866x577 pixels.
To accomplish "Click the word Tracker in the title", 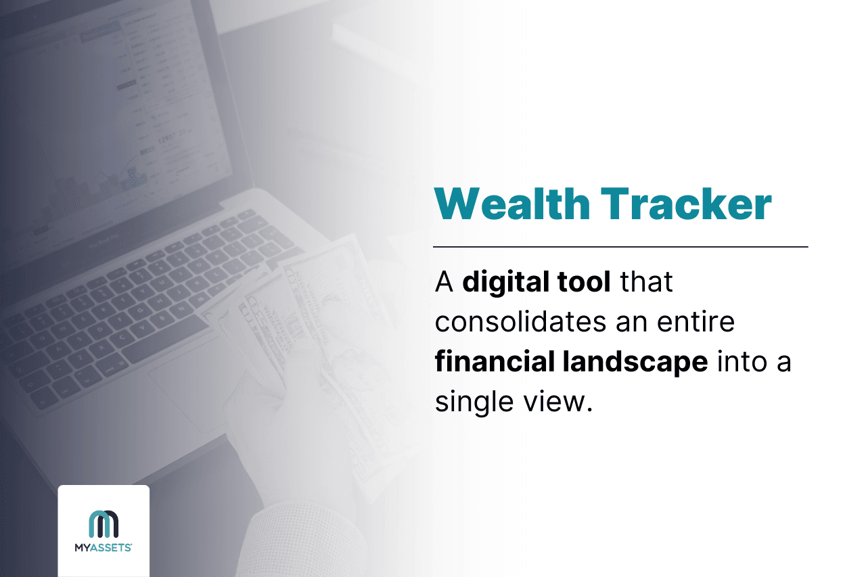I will coord(686,203).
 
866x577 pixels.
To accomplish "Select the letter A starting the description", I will coord(443,282).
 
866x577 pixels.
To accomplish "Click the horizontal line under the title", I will coord(620,247).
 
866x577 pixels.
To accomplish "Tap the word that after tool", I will coord(647,281).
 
